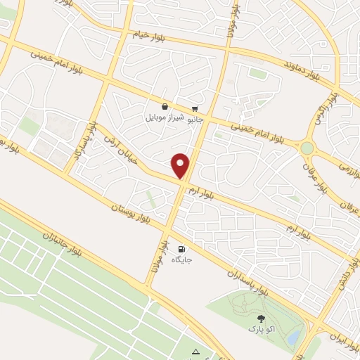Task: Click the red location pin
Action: pyautogui.click(x=181, y=165)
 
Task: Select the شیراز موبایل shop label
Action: pyautogui.click(x=164, y=117)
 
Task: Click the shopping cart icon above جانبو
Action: pyautogui.click(x=195, y=109)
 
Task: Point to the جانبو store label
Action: pyautogui.click(x=194, y=120)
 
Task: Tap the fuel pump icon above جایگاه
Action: pyautogui.click(x=182, y=248)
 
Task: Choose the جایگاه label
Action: pyautogui.click(x=182, y=259)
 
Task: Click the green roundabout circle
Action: pyautogui.click(x=307, y=148)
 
